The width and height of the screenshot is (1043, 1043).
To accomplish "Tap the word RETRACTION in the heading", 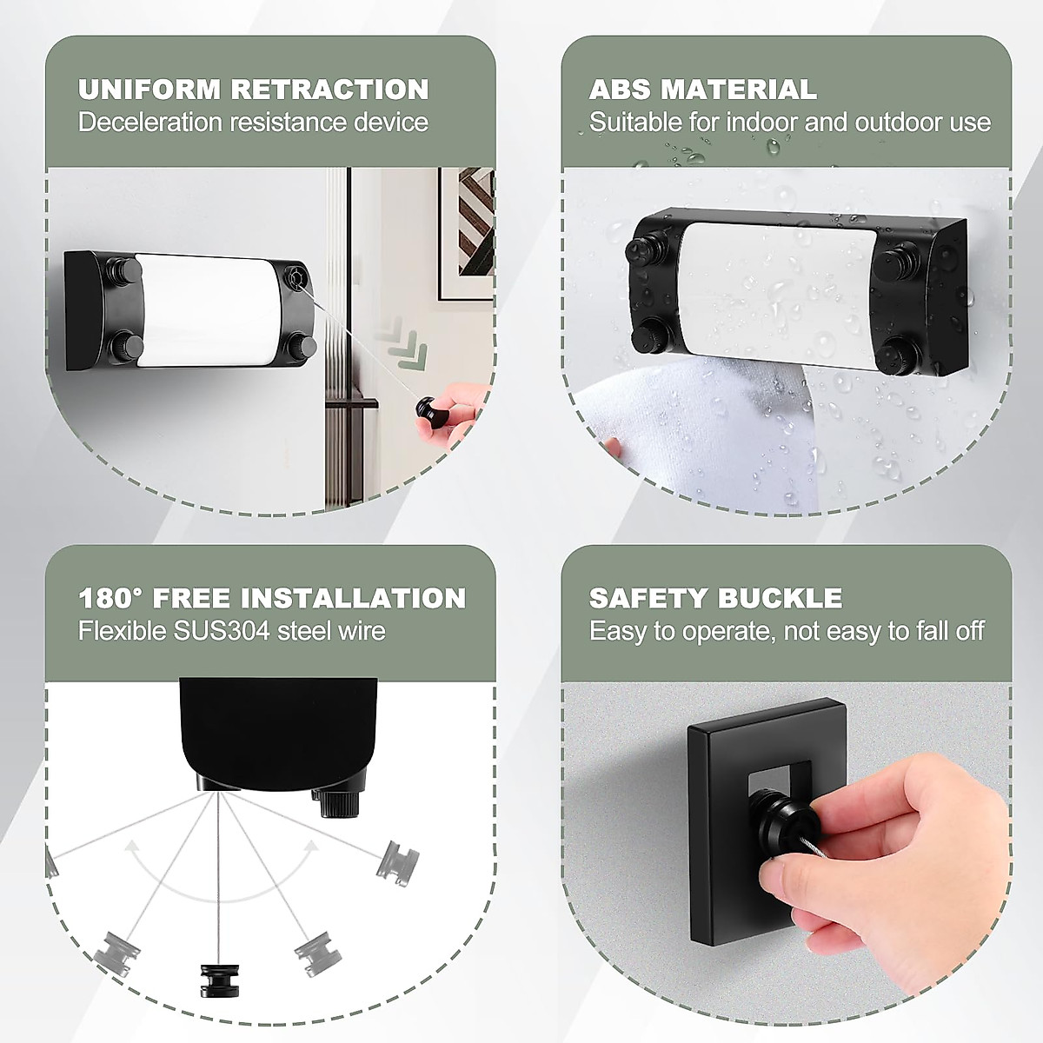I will click(x=330, y=90).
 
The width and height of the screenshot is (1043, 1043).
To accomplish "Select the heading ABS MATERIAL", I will click(x=702, y=90).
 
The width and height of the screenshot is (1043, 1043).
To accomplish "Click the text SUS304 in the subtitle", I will click(x=225, y=631).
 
